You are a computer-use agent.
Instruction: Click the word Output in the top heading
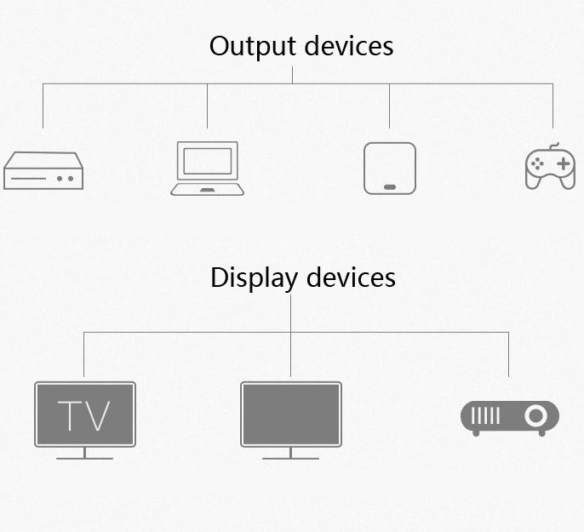pos(250,45)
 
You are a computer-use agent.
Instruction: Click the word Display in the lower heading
pos(254,277)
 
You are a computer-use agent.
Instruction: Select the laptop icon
pos(208,169)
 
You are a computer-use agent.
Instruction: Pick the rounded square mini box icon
pos(390,168)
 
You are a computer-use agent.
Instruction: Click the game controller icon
pos(550,168)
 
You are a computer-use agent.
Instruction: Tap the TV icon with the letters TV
pos(84,415)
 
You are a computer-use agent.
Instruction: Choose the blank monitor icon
pos(290,415)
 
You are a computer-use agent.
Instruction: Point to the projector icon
pos(509,417)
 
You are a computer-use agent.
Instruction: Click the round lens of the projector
pos(535,416)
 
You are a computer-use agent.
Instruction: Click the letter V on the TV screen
pos(98,415)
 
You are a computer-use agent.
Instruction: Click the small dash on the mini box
pos(390,186)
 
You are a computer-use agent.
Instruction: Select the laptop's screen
pos(208,161)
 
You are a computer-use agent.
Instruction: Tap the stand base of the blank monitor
pos(290,458)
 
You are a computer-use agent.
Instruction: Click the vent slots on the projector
pos(486,416)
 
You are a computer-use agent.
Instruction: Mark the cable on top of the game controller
pos(553,146)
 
